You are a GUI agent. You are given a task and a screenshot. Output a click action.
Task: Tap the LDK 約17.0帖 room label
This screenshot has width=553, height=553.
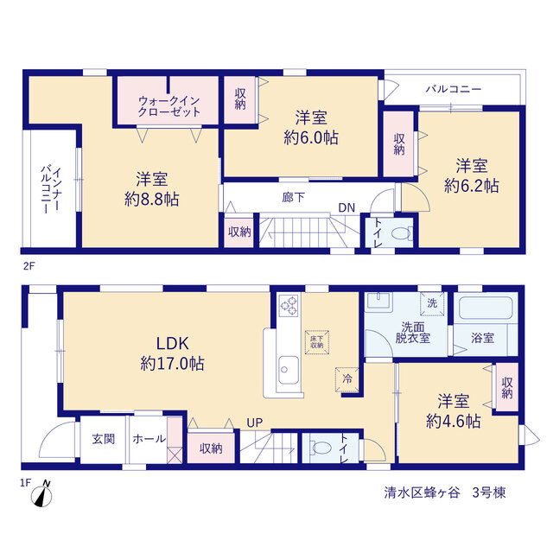[172, 353]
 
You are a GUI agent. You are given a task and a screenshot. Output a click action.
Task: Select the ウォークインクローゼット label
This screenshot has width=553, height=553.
[169, 106]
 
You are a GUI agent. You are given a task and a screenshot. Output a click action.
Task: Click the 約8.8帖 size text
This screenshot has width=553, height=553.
[152, 200]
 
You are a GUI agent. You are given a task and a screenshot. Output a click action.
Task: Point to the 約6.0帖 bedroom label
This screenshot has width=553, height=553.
[311, 128]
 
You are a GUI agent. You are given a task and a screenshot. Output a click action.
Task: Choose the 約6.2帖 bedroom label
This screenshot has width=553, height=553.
[472, 175]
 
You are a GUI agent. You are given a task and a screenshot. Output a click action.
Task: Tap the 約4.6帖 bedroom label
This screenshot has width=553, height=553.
[453, 411]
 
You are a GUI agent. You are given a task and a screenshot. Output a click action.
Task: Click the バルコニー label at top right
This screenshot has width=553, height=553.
[453, 89]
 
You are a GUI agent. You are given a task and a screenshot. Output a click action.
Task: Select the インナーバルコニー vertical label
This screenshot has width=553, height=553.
[51, 189]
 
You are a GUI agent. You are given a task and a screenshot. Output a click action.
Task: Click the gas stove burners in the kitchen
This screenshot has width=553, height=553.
[289, 305]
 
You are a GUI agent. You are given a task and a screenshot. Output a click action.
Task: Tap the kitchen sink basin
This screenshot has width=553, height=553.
[289, 370]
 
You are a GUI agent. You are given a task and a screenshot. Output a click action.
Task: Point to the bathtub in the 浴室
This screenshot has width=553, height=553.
[486, 308]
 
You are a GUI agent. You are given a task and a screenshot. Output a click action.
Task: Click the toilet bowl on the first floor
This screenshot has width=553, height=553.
[321, 448]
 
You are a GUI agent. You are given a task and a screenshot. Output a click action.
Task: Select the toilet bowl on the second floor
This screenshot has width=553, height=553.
[401, 233]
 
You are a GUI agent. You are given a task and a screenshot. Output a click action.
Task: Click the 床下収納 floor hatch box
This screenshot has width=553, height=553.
[317, 342]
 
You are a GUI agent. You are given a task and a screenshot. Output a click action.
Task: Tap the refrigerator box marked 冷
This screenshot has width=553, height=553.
[347, 379]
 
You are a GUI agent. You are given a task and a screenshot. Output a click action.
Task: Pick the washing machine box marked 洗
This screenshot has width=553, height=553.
[432, 303]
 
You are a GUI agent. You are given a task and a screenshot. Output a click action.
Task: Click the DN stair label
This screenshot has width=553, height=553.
[346, 207]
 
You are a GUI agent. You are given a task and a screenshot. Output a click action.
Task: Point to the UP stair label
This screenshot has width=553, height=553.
[254, 423]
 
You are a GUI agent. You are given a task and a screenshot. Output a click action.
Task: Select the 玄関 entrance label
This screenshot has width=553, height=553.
[104, 439]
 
